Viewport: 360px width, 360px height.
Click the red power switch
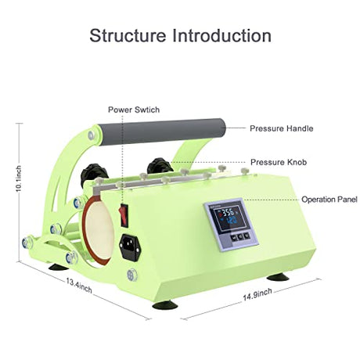[x=124, y=215]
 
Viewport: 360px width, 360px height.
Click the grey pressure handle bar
[x=161, y=131]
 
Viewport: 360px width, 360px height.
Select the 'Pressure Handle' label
[x=281, y=128]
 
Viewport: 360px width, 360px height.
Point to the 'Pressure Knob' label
[x=279, y=162]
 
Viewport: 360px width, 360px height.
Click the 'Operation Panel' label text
[x=329, y=200]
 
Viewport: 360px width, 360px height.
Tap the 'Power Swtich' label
[x=134, y=110]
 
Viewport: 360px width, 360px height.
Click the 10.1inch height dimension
[x=19, y=178]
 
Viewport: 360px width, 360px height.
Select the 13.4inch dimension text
[x=79, y=286]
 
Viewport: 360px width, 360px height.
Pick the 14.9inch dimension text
[x=257, y=294]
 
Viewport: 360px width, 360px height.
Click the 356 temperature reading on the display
[x=228, y=211]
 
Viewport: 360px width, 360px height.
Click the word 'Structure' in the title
[x=128, y=35]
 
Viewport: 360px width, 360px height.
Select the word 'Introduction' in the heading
[x=221, y=35]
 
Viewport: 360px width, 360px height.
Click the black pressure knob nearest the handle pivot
[x=94, y=174]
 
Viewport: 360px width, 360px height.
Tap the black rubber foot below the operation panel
[x=278, y=276]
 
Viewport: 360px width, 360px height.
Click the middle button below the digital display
[x=240, y=236]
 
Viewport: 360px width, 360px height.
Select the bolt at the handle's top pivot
[x=91, y=135]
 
